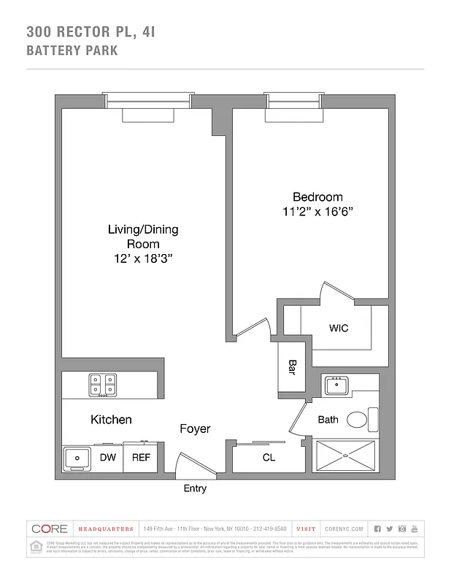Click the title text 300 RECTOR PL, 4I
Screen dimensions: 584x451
click(x=91, y=32)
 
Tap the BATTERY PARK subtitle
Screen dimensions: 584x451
click(x=72, y=51)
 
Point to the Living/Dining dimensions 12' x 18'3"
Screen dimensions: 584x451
click(x=143, y=258)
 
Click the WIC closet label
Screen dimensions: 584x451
click(x=339, y=328)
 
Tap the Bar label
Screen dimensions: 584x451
click(x=292, y=367)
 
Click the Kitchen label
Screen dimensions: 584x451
click(x=111, y=420)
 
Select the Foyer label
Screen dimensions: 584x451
click(x=195, y=429)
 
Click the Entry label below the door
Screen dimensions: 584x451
click(x=195, y=488)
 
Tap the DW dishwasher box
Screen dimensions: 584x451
click(x=107, y=458)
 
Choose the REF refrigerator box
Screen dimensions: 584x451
click(x=141, y=458)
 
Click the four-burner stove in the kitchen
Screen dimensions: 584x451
click(x=103, y=385)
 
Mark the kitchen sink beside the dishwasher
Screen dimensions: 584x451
click(x=76, y=458)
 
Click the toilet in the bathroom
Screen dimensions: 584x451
click(x=359, y=420)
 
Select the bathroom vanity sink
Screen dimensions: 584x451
click(x=338, y=385)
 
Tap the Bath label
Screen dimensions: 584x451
click(x=328, y=420)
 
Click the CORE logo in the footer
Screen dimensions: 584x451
click(x=50, y=529)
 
